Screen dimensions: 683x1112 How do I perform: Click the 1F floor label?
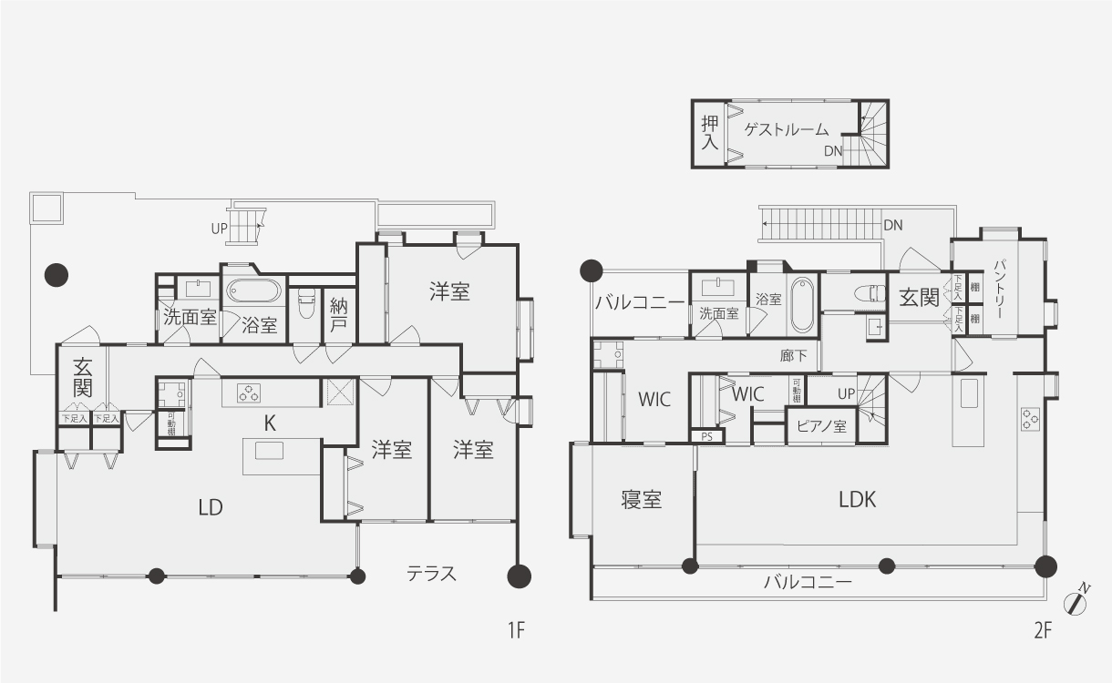click(x=515, y=630)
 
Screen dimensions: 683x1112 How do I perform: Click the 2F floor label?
click(x=1044, y=630)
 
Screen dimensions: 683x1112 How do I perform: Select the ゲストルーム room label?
click(x=787, y=129)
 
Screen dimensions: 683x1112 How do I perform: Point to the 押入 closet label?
click(x=710, y=132)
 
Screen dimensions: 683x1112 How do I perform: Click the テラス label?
click(x=431, y=574)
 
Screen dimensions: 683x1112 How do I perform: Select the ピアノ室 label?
click(x=822, y=426)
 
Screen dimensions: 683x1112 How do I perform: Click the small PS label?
click(x=706, y=436)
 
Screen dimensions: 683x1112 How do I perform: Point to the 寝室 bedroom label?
click(x=642, y=499)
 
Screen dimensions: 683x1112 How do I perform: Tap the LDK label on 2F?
click(x=857, y=499)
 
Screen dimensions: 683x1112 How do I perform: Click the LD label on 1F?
click(x=211, y=507)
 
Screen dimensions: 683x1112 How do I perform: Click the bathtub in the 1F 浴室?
click(x=253, y=292)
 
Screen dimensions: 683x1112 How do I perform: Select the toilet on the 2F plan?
click(x=876, y=293)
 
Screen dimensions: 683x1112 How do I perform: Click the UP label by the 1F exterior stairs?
click(x=219, y=229)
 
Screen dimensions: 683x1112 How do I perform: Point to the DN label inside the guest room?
click(x=833, y=151)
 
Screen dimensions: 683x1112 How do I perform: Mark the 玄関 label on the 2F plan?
click(x=919, y=298)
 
